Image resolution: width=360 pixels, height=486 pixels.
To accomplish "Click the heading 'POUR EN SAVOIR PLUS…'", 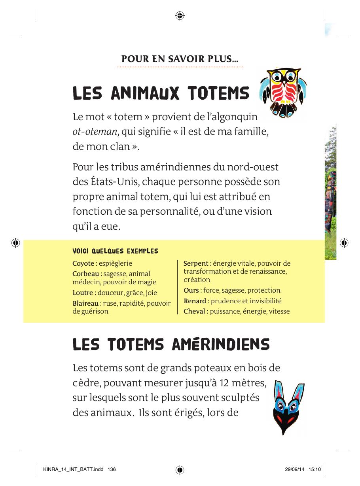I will (180, 59).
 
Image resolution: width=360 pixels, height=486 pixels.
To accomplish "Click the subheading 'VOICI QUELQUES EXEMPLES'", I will (115, 251).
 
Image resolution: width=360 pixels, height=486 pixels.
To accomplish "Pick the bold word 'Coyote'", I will (83, 263).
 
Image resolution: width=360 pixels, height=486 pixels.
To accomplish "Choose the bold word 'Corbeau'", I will (86, 274).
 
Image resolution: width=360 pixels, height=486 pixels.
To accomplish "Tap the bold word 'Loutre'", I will (82, 293).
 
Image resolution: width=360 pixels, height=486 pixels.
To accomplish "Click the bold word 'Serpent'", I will (196, 263).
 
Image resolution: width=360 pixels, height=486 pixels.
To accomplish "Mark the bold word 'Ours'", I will (191, 290).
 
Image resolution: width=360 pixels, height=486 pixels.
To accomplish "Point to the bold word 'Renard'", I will (195, 301).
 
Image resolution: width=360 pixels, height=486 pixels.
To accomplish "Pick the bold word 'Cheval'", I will (194, 311).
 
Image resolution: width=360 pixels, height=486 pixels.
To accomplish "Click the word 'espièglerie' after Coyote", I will (116, 263).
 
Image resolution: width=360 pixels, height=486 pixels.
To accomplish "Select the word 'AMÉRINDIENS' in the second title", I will (221, 345).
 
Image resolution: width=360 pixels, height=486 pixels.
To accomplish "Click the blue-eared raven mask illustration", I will (289, 407).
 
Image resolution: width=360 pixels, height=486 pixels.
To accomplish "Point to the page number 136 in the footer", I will (112, 469).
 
